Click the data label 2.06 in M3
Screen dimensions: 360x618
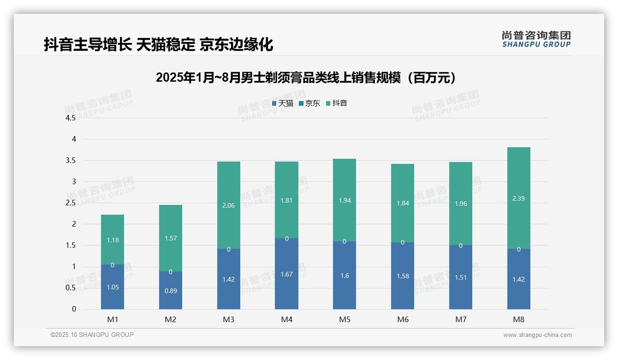228,205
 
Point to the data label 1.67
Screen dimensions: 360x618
286,274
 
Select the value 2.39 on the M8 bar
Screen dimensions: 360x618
518,198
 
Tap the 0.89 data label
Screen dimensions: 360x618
171,291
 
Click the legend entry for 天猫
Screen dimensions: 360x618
283,103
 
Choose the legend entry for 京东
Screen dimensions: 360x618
309,103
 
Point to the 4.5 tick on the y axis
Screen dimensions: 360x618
71,118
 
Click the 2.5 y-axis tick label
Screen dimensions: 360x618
71,203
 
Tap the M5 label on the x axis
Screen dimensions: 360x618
345,319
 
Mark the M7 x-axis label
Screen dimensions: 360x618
461,319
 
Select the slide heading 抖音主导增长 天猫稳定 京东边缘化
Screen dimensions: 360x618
158,44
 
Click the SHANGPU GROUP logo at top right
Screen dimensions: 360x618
536,39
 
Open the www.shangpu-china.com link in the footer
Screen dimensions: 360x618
537,335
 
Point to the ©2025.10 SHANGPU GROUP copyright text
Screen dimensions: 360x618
92,335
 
